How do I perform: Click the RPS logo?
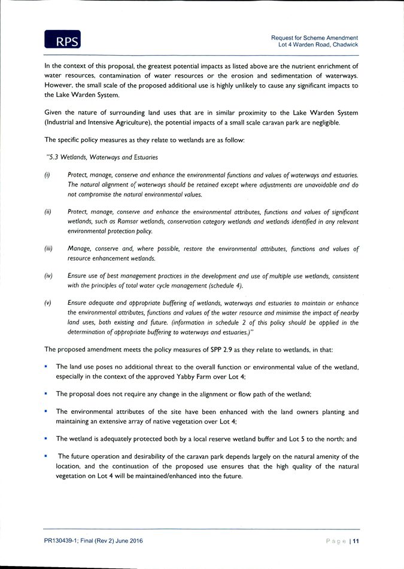pos(62,39)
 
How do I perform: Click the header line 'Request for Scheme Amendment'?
pos(314,38)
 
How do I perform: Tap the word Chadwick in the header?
pos(345,45)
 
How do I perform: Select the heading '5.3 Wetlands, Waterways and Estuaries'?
pos(102,158)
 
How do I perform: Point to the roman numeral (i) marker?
pos(47,175)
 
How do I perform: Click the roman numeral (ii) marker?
pos(48,212)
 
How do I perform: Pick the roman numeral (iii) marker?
pos(48,249)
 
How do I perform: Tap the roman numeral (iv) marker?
pos(48,276)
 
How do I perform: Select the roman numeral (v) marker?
pos(48,303)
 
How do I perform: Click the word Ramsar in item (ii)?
pos(128,222)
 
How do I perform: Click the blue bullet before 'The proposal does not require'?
pos(45,393)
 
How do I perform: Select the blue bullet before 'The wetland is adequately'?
pos(45,438)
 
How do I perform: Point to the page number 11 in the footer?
pos(356,541)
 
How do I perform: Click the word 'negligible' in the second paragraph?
pos(326,123)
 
